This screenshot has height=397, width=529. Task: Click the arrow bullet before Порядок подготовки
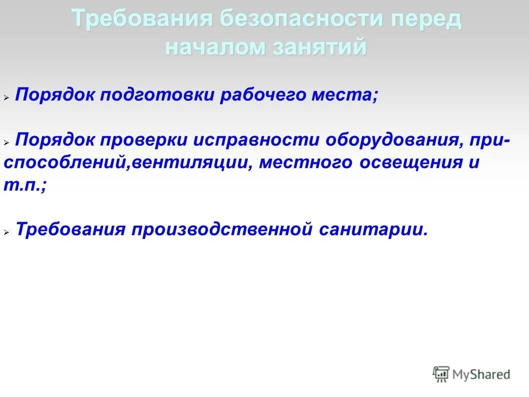(x=7, y=98)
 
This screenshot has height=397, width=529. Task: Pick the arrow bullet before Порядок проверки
(x=7, y=143)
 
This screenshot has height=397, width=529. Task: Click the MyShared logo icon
(x=441, y=374)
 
